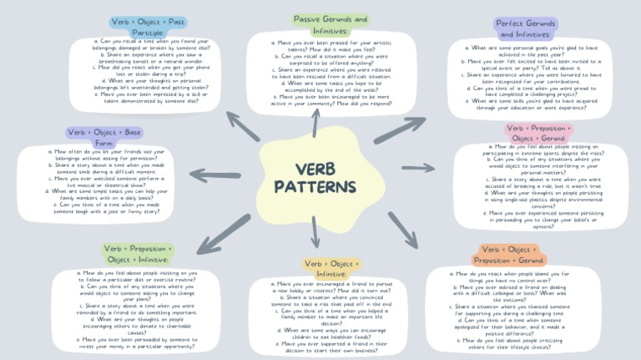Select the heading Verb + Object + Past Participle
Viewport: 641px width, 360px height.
(149, 27)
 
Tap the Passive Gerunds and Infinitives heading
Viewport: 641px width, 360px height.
(330, 25)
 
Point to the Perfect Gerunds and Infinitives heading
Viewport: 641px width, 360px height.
(526, 28)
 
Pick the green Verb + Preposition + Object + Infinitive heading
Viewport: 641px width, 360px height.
(139, 254)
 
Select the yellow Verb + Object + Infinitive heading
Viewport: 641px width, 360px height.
(331, 268)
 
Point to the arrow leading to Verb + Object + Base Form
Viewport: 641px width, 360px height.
(219, 173)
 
